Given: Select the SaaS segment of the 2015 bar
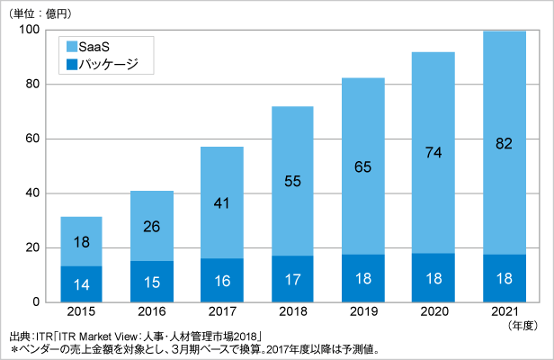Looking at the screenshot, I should coord(81,241).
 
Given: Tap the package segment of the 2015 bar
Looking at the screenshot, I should coord(81,283).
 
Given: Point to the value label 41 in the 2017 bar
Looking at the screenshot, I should coord(222,203).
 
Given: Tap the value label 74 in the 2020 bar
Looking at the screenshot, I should coord(433,152).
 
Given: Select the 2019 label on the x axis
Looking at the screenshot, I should coord(363,312).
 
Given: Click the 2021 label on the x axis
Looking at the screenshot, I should coord(504,312).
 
